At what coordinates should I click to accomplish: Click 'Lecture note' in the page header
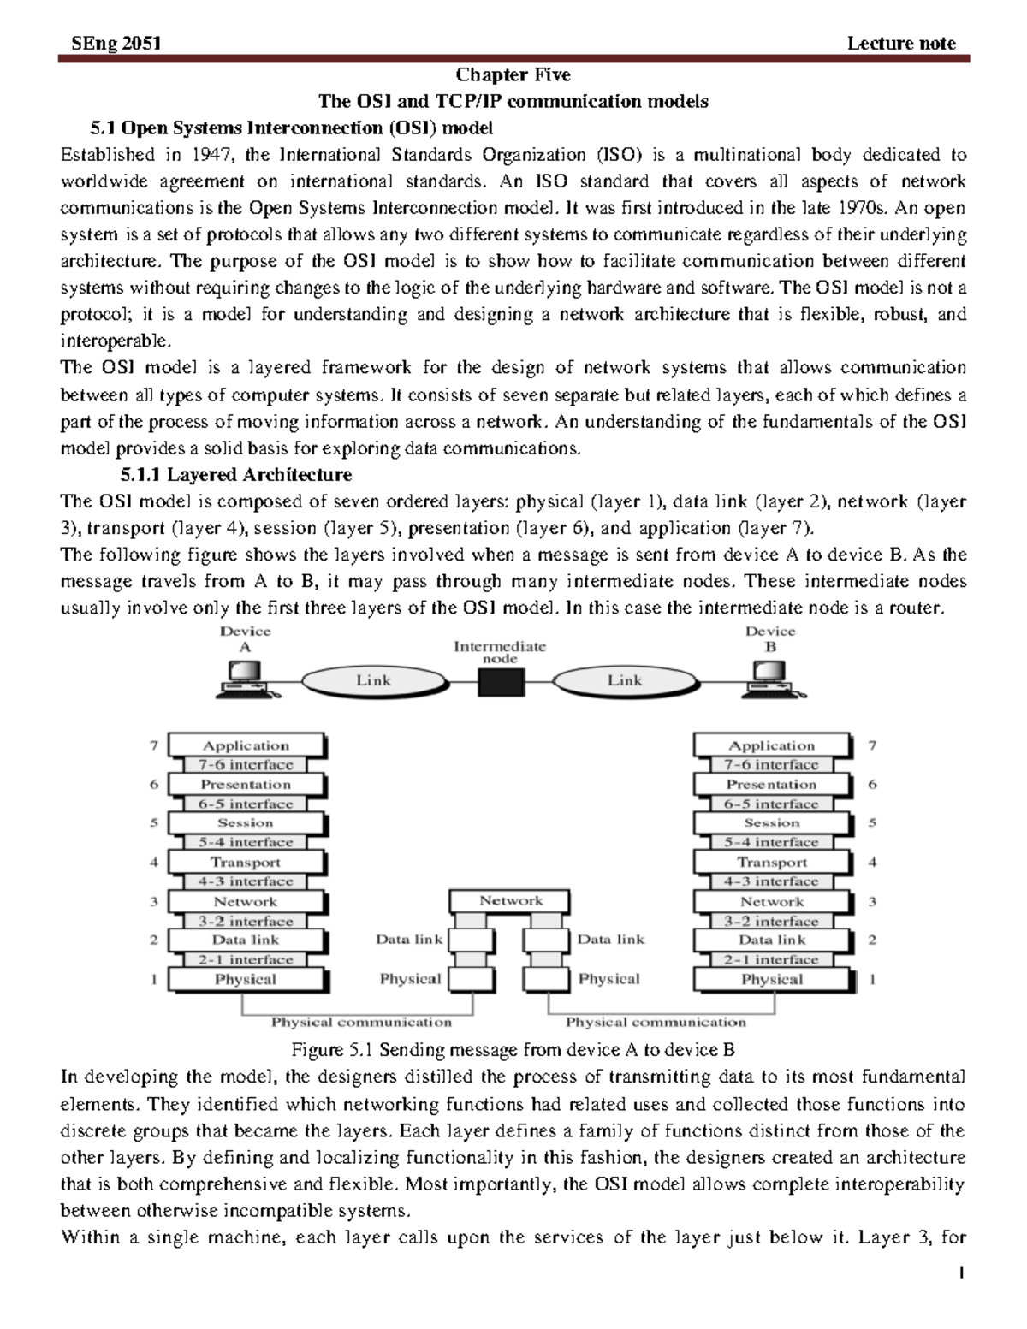[x=900, y=44]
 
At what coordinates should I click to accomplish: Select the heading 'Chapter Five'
[x=513, y=75]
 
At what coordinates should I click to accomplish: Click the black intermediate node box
[x=500, y=682]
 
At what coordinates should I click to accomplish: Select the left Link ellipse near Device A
[x=372, y=681]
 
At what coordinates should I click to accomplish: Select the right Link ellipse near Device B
[x=624, y=681]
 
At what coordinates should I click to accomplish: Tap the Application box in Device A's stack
[x=246, y=745]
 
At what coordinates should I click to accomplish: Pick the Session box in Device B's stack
[x=771, y=823]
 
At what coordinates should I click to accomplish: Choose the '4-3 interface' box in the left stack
[x=246, y=881]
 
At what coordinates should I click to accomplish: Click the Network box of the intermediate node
[x=511, y=901]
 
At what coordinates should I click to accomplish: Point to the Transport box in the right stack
[x=771, y=863]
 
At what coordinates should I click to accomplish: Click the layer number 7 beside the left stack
[x=154, y=745]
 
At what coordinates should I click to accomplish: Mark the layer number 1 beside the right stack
[x=872, y=979]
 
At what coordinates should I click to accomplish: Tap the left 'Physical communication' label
[x=361, y=1023]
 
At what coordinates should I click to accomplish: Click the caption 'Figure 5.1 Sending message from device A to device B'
[x=513, y=1050]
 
